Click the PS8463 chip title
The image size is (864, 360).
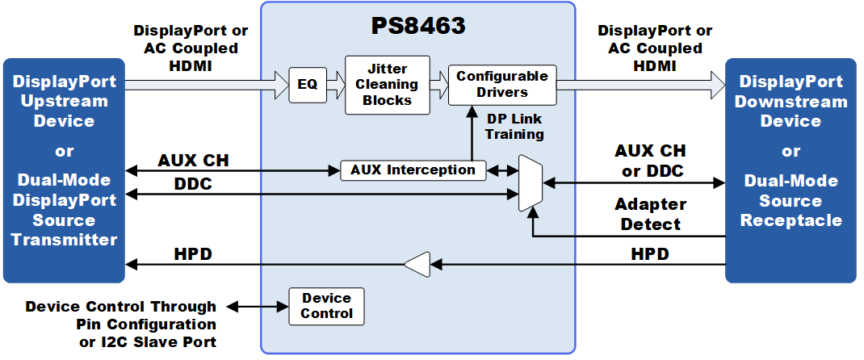click(x=418, y=26)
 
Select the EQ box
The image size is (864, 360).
click(x=308, y=85)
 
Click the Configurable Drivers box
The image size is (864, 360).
click(x=502, y=85)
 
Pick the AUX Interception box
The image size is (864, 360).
click(x=413, y=170)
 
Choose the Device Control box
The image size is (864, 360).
click(x=326, y=306)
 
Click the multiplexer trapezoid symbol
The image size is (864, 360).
click(x=531, y=183)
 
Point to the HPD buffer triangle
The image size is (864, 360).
click(x=417, y=263)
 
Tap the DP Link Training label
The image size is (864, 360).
click(x=514, y=127)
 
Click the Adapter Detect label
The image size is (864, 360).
click(x=650, y=214)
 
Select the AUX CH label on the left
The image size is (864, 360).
click(x=193, y=160)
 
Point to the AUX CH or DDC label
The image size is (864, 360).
click(x=650, y=161)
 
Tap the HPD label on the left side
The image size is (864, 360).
click(x=194, y=254)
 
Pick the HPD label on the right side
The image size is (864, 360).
click(x=650, y=254)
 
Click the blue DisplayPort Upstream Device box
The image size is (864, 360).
click(x=64, y=170)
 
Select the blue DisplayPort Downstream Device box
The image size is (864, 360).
click(x=791, y=170)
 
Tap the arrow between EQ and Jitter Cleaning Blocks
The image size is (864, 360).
click(x=335, y=84)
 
